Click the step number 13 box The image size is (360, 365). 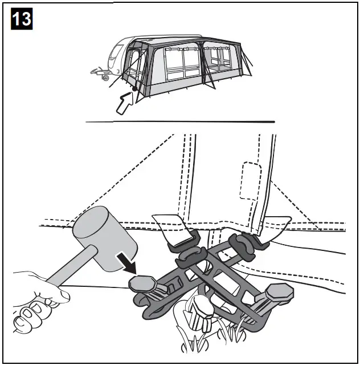[x=22, y=19]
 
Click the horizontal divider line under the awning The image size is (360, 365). [x=180, y=121]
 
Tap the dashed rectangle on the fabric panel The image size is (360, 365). [x=250, y=181]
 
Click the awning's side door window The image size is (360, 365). [x=136, y=63]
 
